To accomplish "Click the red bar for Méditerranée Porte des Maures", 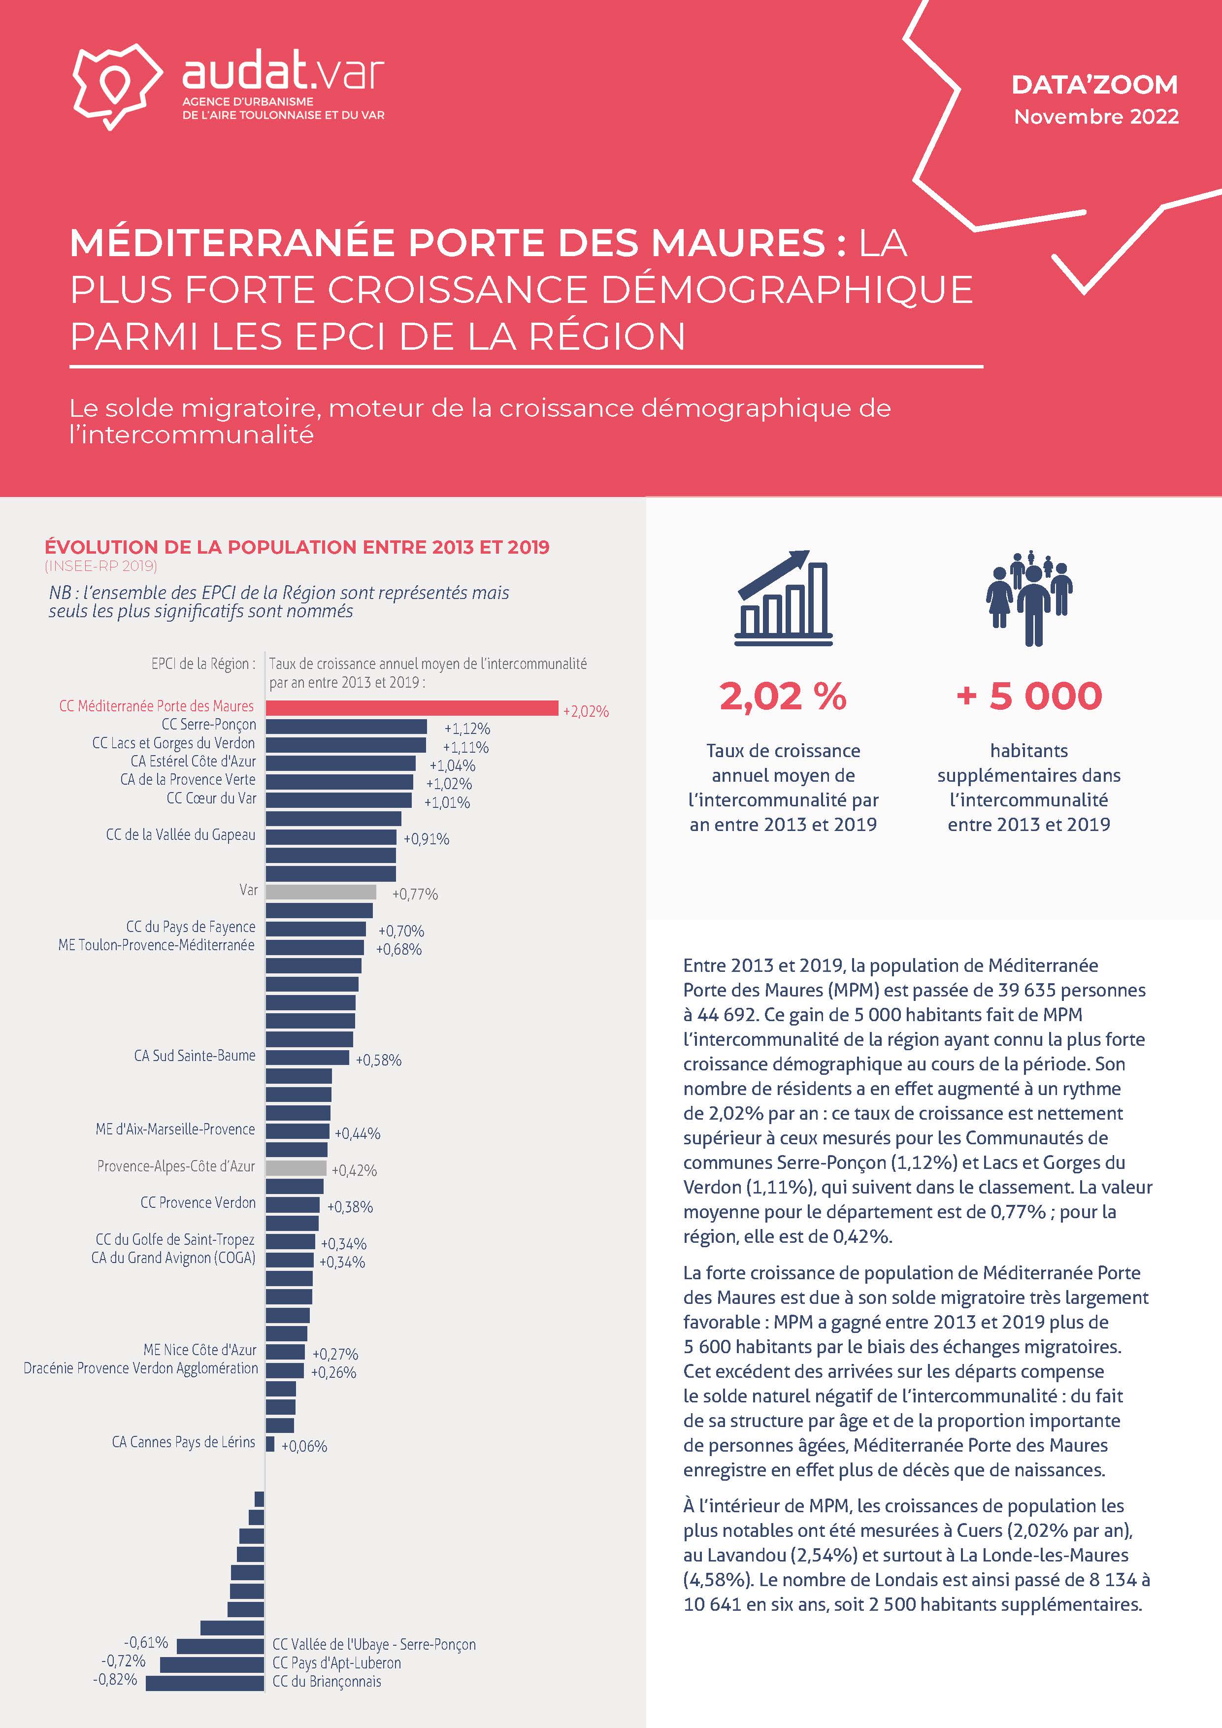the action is (412, 708).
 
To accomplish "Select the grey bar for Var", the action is (321, 892).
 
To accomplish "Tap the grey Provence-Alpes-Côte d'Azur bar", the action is (296, 1168).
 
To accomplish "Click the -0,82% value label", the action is (115, 1679).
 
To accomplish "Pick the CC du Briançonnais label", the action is (327, 1681).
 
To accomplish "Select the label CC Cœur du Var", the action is (211, 798).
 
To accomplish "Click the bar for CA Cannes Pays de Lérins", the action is (269, 1443).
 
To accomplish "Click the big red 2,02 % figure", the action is (783, 696).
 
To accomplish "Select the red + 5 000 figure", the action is (1028, 696).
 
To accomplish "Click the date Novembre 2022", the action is (1096, 117).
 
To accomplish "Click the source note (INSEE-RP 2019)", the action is (101, 566).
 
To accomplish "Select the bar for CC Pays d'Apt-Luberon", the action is (212, 1664).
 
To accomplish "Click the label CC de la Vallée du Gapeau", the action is (181, 834).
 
